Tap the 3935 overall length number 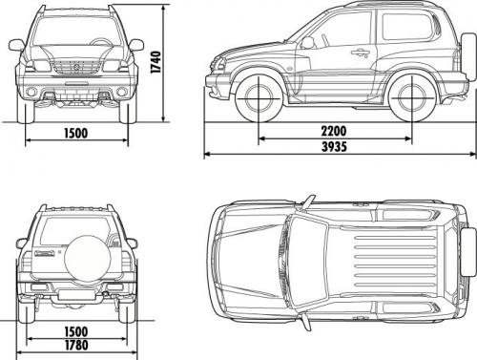[x=335, y=148]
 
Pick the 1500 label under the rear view [x=76, y=331]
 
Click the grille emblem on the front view [x=77, y=69]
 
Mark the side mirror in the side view [x=307, y=42]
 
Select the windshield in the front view [x=76, y=34]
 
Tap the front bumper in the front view [x=77, y=94]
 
